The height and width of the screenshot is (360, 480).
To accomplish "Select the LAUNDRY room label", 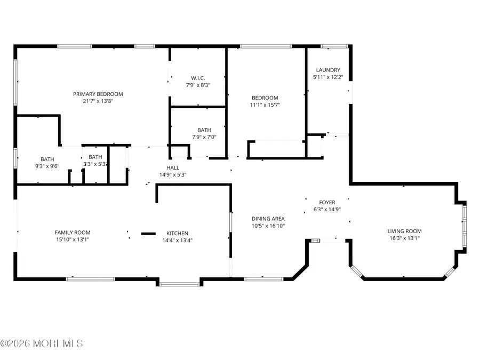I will point(327,70).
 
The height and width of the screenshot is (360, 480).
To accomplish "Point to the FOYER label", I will point(327,202).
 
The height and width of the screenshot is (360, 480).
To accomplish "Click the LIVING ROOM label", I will point(404,231).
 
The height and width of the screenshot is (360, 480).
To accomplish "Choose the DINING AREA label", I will point(268,219).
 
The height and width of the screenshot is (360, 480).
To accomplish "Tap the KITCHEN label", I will point(177,233).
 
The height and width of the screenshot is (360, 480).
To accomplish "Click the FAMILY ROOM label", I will point(72,232).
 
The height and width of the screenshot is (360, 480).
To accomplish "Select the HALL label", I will point(172,167).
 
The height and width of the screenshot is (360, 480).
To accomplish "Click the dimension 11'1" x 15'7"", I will point(265,105).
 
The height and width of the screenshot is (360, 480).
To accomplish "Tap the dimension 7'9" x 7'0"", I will point(198,137).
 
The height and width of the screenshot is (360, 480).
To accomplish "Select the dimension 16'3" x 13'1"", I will point(404,238).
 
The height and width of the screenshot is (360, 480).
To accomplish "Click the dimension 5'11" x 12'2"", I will point(327,77).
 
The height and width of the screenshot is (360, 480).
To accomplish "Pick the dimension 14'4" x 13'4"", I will point(177,240).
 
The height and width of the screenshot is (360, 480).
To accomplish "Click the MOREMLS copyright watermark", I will point(42,343).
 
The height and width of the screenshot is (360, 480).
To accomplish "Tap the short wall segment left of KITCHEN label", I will point(148,233).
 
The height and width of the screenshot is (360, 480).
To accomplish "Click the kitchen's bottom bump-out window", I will point(179,284).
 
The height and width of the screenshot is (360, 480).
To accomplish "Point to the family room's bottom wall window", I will point(90,278).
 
